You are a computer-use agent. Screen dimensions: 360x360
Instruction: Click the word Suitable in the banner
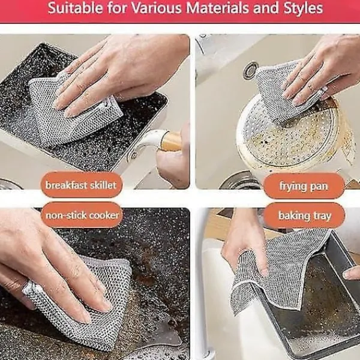(76, 8)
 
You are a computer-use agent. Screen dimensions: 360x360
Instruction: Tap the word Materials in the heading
(217, 8)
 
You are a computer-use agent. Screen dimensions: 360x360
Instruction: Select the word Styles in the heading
(303, 8)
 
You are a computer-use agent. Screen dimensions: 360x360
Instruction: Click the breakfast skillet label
(81, 185)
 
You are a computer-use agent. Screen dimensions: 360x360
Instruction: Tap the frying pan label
(304, 186)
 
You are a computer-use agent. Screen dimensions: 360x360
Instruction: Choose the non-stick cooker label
(82, 215)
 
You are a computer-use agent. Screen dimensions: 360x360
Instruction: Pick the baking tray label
(304, 215)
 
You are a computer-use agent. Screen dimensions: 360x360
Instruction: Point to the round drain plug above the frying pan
(251, 70)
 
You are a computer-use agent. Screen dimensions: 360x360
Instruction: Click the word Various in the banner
(157, 8)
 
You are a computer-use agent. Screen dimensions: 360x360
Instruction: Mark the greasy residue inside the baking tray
(326, 305)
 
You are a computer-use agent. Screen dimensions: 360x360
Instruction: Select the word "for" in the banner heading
(117, 8)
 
